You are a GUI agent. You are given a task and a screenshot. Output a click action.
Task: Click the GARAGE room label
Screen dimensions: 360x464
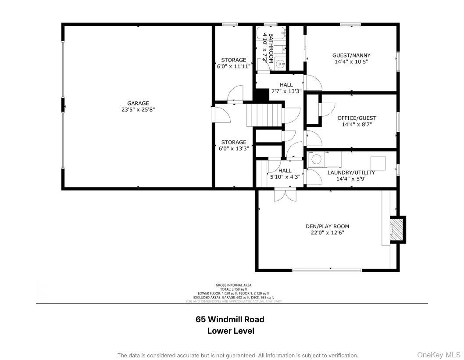pos(138,104)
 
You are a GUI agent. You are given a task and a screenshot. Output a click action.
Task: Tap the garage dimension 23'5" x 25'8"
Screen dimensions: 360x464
pos(138,110)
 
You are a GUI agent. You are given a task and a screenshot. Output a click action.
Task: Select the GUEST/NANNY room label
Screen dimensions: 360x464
pos(351,55)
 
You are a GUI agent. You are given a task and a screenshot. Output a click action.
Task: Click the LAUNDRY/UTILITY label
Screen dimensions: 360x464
pos(351,173)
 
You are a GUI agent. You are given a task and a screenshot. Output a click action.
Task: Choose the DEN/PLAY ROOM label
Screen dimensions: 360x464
pos(327,227)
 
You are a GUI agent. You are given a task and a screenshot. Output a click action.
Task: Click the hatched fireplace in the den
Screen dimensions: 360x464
pos(397,229)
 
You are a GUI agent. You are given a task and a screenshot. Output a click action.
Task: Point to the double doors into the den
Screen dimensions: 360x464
pos(285,194)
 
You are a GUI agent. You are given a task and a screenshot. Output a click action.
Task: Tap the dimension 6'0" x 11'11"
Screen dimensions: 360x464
pos(233,66)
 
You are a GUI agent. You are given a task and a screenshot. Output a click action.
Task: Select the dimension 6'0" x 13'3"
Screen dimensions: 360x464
pos(233,148)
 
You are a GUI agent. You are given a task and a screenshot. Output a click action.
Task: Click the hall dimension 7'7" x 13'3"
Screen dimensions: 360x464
pos(286,91)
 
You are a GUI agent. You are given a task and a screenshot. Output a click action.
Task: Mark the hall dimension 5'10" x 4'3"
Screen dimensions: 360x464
pos(285,177)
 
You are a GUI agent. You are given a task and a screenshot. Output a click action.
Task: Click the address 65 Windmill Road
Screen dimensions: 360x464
pos(230,320)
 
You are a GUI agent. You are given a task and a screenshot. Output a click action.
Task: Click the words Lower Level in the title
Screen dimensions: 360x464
pos(231,331)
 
